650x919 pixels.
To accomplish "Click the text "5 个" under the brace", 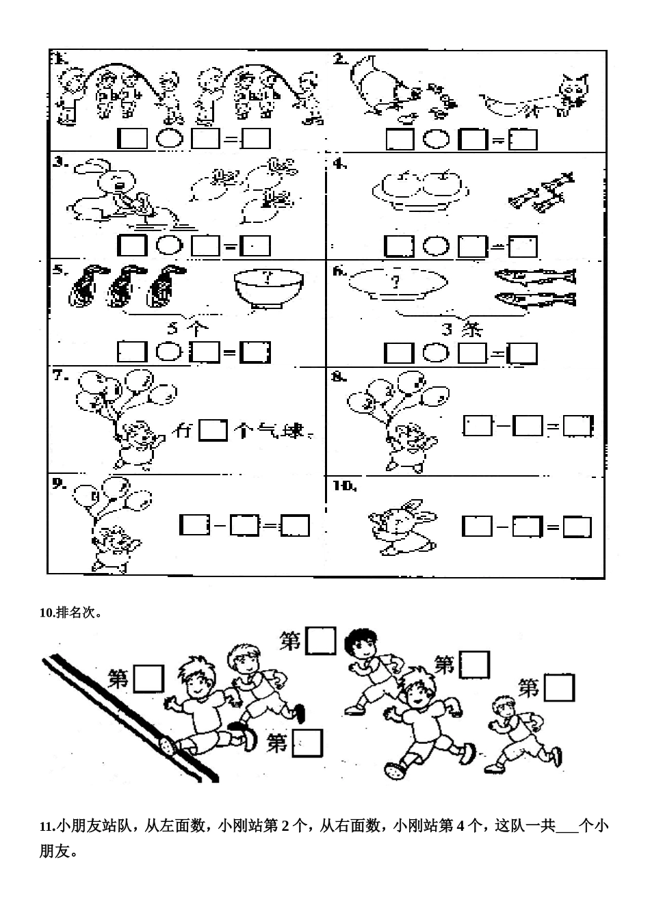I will (x=187, y=328).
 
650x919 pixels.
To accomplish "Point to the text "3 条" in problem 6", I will (x=462, y=330).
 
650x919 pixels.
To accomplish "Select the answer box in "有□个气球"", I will (x=212, y=431).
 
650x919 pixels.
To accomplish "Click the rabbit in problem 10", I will (x=400, y=527).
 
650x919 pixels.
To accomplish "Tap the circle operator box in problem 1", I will (x=169, y=139).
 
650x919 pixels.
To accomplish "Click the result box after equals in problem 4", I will (x=523, y=246).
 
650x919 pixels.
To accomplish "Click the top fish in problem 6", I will (x=535, y=276).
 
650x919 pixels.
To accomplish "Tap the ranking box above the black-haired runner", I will (x=321, y=641).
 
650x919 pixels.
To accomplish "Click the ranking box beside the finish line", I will (x=148, y=678).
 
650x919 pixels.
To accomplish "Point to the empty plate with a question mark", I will (x=397, y=283).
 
